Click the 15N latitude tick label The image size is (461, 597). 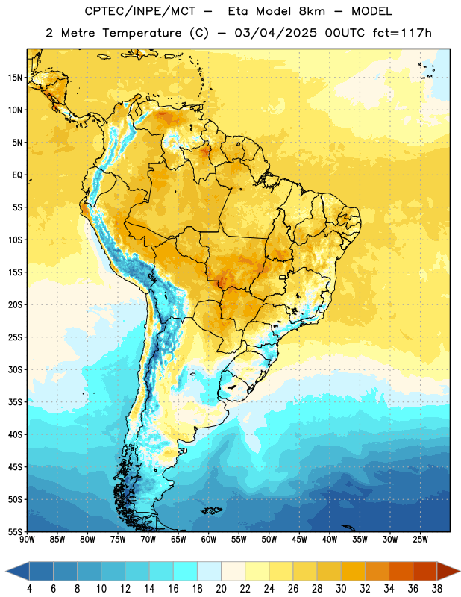click(15, 78)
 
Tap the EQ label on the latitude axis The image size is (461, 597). click(17, 175)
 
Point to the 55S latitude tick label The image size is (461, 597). click(15, 532)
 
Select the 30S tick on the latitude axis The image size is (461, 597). click(15, 369)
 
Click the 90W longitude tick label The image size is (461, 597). click(27, 540)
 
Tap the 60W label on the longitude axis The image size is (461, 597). click(209, 540)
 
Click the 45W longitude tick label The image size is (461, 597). click(300, 540)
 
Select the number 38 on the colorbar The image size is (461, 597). click(437, 589)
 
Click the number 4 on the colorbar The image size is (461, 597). click(29, 589)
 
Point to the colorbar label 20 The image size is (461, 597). click(221, 589)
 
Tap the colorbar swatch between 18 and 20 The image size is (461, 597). click(210, 571)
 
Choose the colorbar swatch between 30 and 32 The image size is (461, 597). click(354, 571)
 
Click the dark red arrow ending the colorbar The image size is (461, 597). click(448, 571)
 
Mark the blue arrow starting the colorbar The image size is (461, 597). click(18, 571)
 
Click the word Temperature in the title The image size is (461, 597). click(141, 34)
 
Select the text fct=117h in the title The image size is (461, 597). click(402, 33)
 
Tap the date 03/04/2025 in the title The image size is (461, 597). click(275, 33)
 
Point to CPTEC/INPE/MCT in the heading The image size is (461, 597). click(140, 11)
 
